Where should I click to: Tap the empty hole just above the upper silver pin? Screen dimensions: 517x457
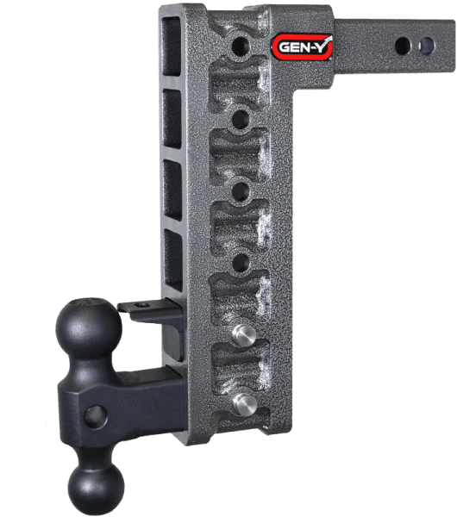(x=242, y=258)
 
